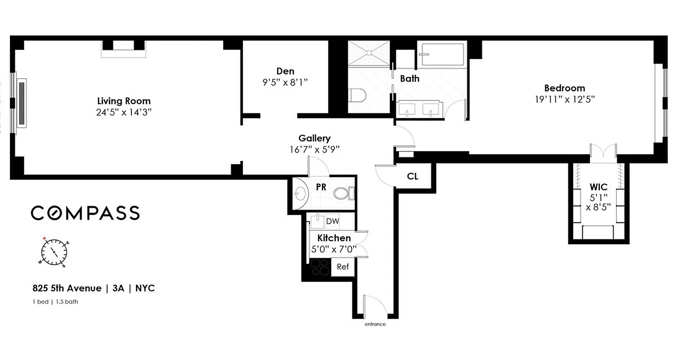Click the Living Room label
(x=124, y=101)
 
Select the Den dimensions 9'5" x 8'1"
(x=285, y=82)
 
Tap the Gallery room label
(x=314, y=139)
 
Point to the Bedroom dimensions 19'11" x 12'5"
(x=565, y=99)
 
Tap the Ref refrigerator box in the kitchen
(x=343, y=267)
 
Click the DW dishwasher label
(x=333, y=221)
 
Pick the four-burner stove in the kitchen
(x=320, y=267)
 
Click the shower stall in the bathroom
(x=369, y=53)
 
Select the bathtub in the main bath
(x=441, y=55)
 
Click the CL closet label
(x=413, y=176)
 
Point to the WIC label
(x=598, y=187)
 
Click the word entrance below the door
(x=375, y=324)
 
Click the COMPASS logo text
(x=85, y=213)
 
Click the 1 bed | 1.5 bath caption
(x=55, y=301)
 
